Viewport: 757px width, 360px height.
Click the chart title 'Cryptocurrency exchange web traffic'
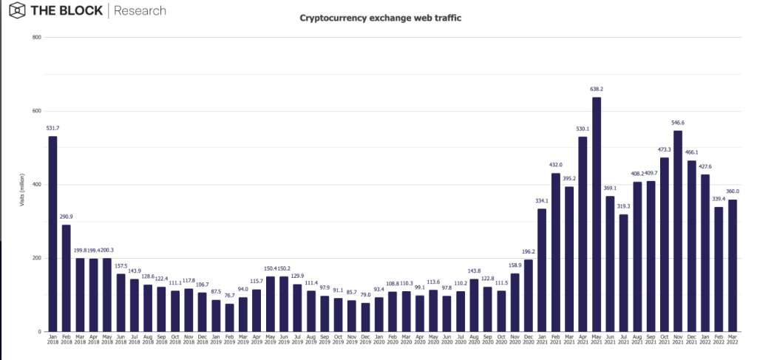[380, 18]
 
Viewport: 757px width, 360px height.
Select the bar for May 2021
[596, 214]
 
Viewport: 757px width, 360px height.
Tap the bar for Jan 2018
[52, 234]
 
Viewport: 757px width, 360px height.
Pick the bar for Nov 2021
[677, 231]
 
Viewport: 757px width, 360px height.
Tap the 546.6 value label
[677, 123]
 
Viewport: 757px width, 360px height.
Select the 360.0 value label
[733, 192]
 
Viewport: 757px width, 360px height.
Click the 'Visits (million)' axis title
[23, 185]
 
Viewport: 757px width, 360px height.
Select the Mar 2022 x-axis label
[732, 342]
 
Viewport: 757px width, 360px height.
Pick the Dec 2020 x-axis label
[528, 342]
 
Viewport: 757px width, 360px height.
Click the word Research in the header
[140, 11]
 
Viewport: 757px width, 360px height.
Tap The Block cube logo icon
[16, 11]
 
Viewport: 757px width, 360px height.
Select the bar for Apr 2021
[583, 234]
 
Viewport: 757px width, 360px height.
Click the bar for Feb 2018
[67, 278]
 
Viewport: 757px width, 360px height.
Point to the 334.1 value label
[542, 202]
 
